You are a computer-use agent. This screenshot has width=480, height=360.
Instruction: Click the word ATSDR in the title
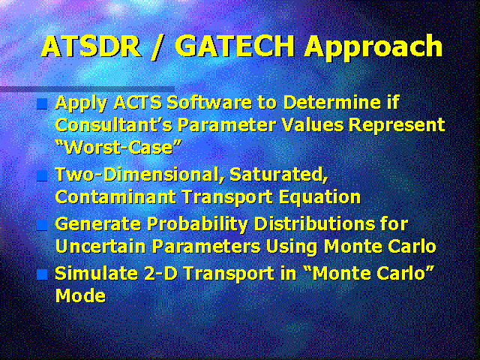coord(91,46)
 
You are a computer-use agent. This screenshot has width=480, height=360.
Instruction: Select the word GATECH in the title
coord(235,46)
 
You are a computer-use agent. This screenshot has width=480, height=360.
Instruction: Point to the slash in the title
coord(157,46)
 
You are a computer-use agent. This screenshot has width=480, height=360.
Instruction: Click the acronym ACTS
coord(137,103)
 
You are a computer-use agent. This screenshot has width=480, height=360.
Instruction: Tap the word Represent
coord(397,126)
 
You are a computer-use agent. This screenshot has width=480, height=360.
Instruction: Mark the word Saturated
coord(278,175)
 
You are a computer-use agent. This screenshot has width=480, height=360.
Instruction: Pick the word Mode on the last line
coord(80,295)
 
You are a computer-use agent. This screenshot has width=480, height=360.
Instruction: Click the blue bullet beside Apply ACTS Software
coord(42,104)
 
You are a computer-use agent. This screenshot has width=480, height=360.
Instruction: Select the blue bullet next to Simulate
coord(42,274)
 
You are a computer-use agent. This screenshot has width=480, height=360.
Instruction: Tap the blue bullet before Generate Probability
coord(42,226)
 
